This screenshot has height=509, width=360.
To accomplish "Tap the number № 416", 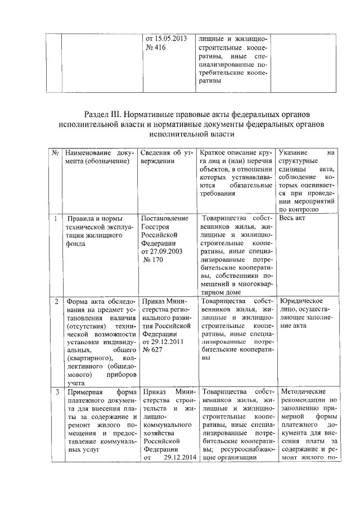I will coord(156,48).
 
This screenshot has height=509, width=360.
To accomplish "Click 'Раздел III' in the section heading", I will coord(105,114).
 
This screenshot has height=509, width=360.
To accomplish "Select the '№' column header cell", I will coord(56,154).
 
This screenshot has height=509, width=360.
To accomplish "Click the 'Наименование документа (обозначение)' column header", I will coord(98,157).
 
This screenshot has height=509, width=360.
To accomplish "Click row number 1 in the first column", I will coord(56,218).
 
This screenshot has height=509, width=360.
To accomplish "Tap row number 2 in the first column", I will coord(56,302).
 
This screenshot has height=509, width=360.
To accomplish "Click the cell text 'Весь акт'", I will coord(293,218).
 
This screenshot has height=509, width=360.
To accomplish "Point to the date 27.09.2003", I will coord(160,252).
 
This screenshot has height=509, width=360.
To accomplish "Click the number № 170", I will coord(154,260).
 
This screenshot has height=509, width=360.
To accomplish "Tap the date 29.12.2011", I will coord(160,341).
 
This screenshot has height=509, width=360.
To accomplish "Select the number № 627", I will coord(152,349).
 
